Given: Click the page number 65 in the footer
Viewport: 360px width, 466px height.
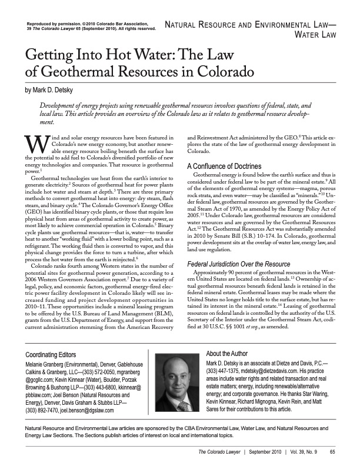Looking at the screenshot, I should click(x=332, y=452).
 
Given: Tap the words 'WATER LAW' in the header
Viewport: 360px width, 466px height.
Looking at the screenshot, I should click(x=318, y=35).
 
